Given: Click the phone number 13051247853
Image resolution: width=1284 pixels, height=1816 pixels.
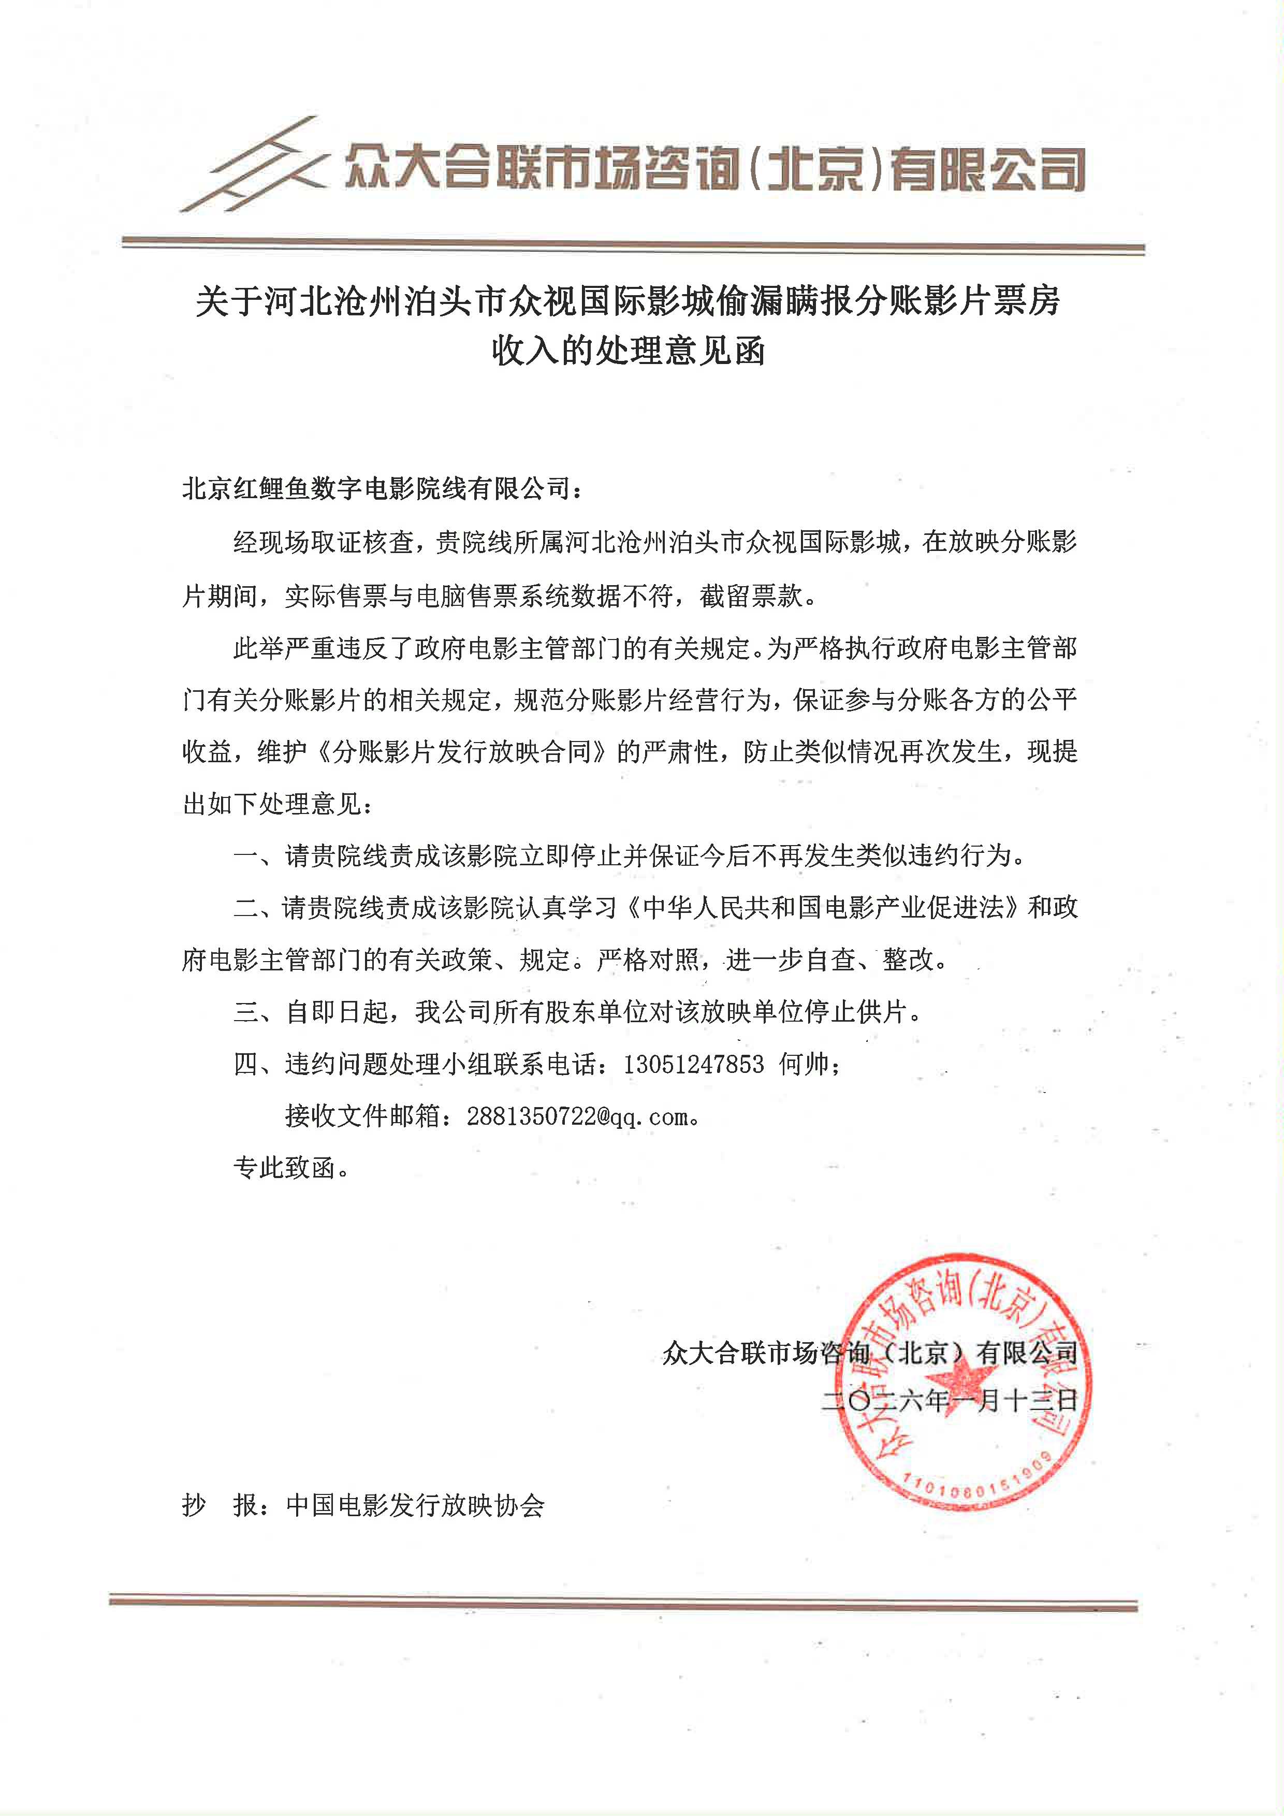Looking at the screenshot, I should point(693,1065).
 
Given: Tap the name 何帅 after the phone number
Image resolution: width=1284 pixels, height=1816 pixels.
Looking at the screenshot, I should point(804,1065).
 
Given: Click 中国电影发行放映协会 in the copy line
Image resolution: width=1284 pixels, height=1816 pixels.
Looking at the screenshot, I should point(415,1504).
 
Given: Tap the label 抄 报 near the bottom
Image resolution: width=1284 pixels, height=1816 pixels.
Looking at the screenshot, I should point(221,1504).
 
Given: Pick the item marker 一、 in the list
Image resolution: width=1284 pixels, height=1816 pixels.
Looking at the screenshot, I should point(257,856).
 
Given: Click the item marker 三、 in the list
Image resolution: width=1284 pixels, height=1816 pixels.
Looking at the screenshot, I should point(257,1012).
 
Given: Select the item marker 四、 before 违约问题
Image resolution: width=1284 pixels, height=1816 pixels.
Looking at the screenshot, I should point(257,1065).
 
